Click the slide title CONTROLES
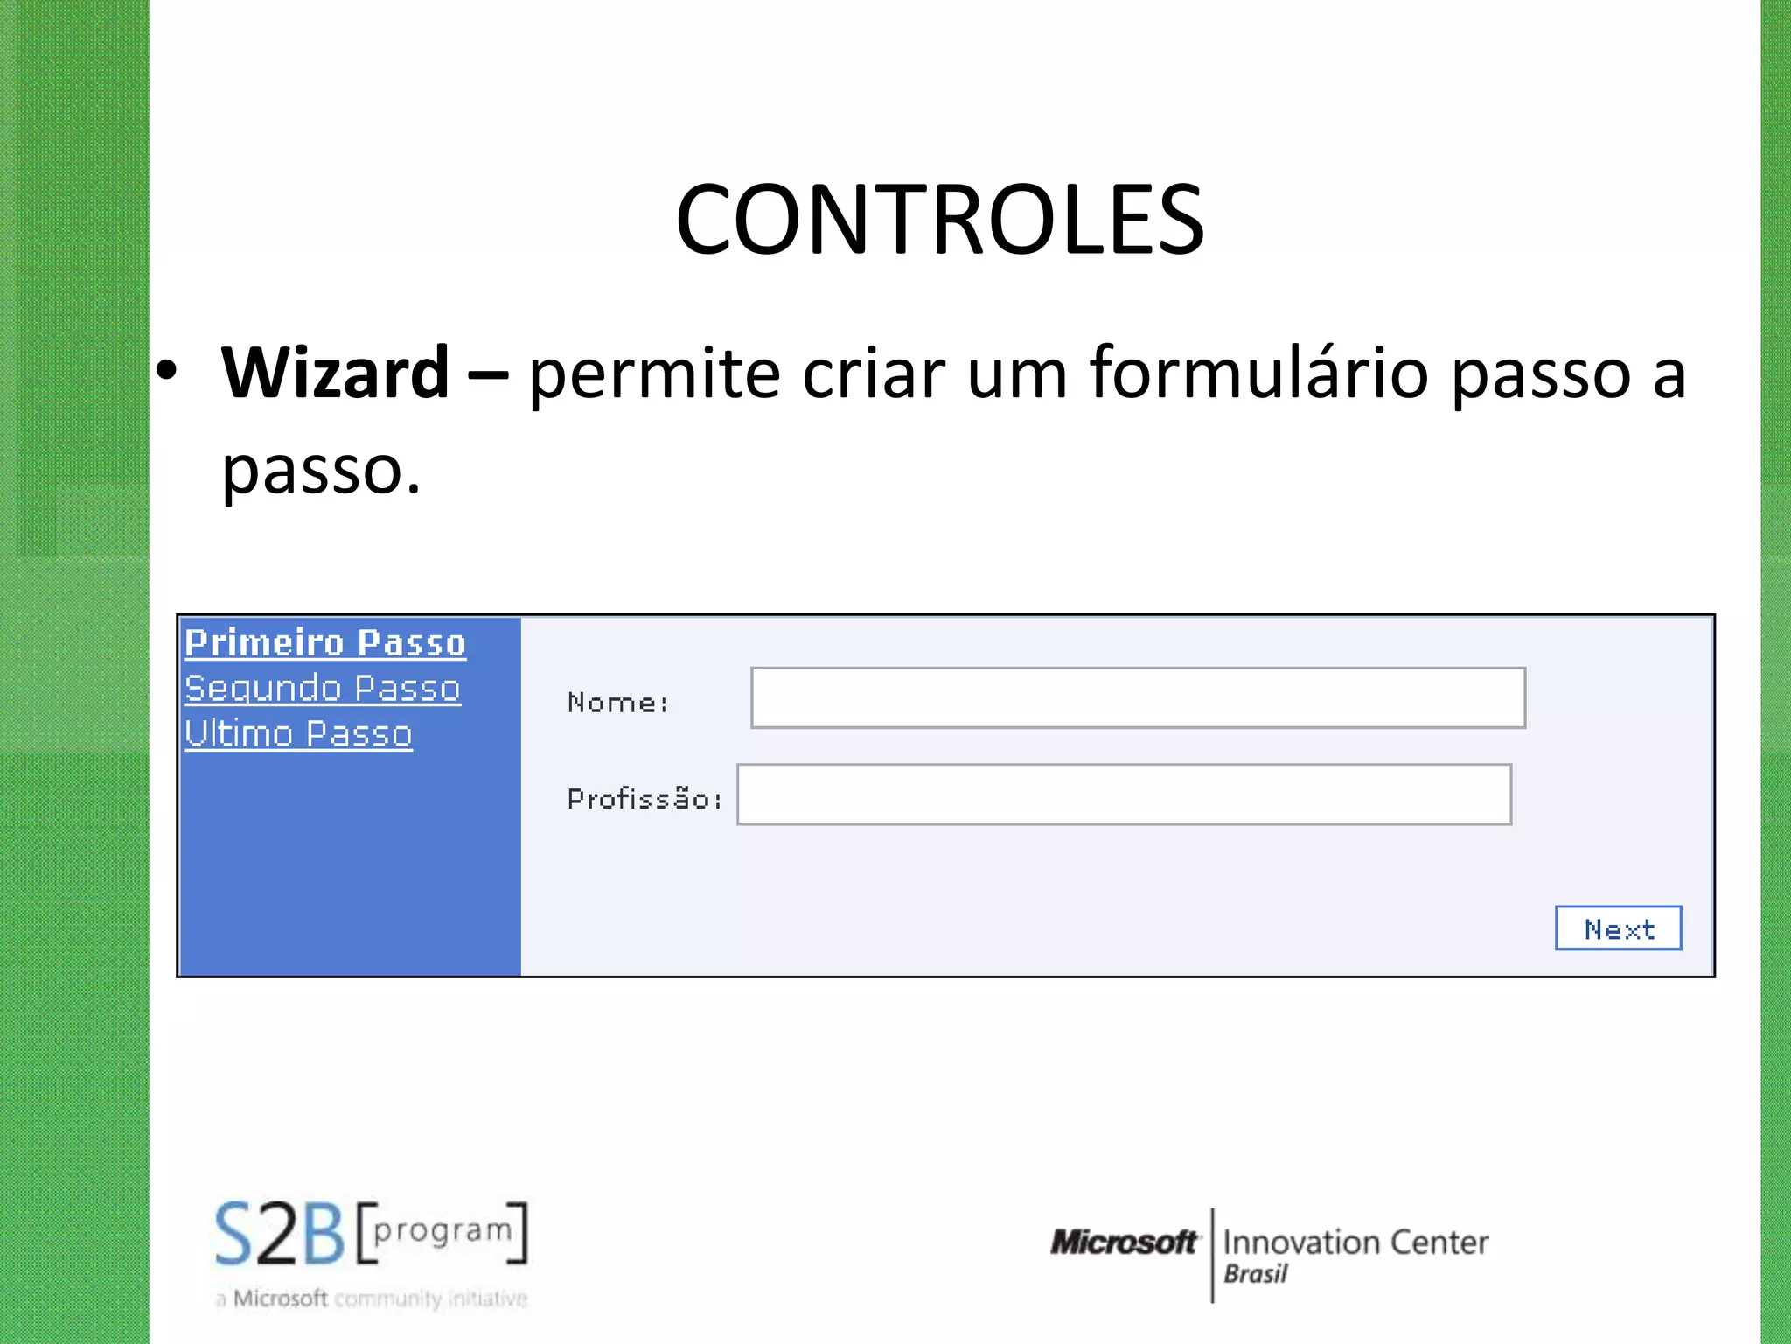click(x=940, y=220)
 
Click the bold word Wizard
click(x=335, y=373)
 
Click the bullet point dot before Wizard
click(x=166, y=371)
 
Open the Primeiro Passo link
click(x=325, y=642)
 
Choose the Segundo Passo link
click(x=323, y=688)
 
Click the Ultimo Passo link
click(x=298, y=733)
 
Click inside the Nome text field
click(x=1138, y=697)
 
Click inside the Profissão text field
click(x=1124, y=794)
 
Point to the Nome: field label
click(x=617, y=703)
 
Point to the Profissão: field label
click(x=645, y=799)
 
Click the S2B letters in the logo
click(x=280, y=1235)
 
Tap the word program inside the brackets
click(x=443, y=1231)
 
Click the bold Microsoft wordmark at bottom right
click(x=1124, y=1242)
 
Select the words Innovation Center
click(x=1355, y=1242)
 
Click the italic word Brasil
click(x=1256, y=1274)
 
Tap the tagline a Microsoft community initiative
click(x=372, y=1298)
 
